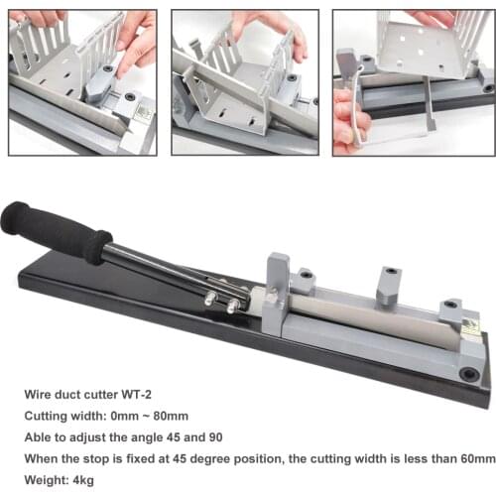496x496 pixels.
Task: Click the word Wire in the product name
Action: click(x=38, y=395)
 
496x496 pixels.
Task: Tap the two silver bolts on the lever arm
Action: click(x=222, y=302)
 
